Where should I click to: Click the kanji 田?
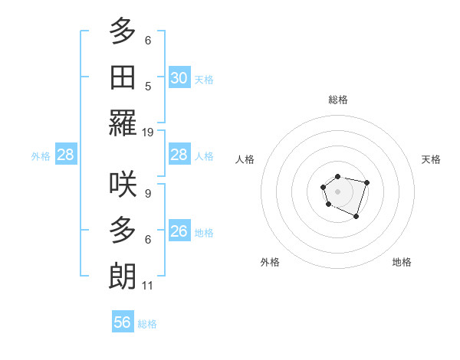(x=123, y=77)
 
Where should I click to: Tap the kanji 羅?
(x=123, y=123)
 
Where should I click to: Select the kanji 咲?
(x=123, y=184)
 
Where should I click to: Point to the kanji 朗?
(x=123, y=276)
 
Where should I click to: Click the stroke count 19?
(x=148, y=132)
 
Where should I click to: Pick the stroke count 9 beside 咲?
(x=147, y=193)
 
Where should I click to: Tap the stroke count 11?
(x=148, y=286)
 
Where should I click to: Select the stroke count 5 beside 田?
(x=147, y=86)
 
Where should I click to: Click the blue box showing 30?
(x=179, y=77)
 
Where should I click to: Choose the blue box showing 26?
(x=179, y=231)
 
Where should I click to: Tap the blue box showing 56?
(x=123, y=322)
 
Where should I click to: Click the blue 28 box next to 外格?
(x=66, y=155)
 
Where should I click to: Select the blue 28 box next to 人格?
(x=179, y=155)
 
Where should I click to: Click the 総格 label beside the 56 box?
(x=147, y=324)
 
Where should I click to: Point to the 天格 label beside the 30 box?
(x=204, y=80)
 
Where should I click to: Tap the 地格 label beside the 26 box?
(x=204, y=233)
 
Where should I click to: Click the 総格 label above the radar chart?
(x=337, y=100)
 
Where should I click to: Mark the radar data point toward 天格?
(x=366, y=182)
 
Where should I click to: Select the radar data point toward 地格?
(x=356, y=217)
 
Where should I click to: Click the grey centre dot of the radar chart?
(x=337, y=191)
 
